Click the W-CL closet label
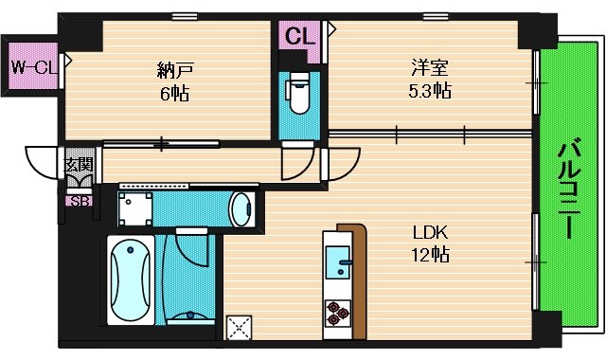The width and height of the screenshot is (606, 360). point(34,67)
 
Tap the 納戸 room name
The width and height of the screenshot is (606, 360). point(174,70)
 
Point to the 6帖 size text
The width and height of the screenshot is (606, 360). point(174,93)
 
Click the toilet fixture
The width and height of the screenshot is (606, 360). point(299,93)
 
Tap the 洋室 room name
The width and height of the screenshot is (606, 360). point(429,67)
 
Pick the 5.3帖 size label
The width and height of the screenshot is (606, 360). point(430,91)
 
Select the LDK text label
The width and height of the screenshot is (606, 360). point(430,233)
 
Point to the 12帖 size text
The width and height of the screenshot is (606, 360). point(430,255)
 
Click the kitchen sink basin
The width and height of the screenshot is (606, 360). point(338,262)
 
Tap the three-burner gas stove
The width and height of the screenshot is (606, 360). point(338,313)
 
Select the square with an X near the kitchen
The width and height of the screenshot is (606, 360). point(239,328)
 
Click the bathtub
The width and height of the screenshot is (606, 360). point(131,279)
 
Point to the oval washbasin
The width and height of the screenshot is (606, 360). point(241,209)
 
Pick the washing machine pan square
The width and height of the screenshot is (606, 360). point(135,209)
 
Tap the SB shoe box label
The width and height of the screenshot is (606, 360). point(80,202)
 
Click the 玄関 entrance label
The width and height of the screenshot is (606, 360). point(79,165)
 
